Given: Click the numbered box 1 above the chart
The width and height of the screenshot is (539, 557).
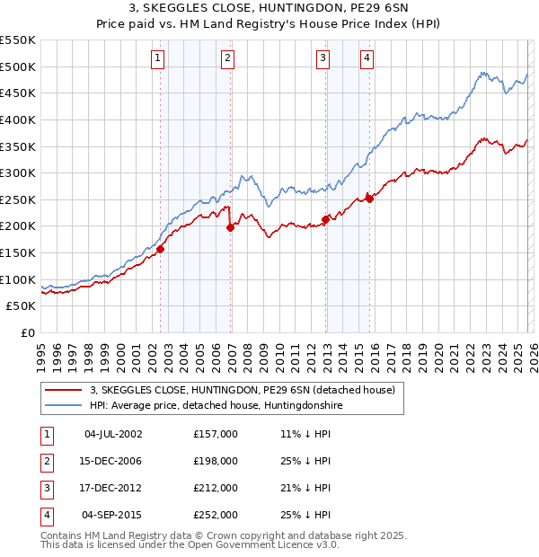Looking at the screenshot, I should point(157,59).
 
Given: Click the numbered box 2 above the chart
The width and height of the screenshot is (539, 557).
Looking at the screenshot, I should point(228,59).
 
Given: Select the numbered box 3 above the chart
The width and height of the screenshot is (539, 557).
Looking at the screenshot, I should point(323,59).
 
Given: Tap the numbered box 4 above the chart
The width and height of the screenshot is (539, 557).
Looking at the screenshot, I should point(367,59).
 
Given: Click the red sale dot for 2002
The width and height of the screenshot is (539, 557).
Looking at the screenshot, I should point(161,249).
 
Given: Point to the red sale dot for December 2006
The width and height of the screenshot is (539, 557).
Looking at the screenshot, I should point(231,227).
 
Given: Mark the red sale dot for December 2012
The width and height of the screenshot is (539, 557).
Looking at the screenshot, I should point(326,220).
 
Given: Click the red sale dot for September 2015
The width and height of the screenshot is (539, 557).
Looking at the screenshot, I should point(369,199).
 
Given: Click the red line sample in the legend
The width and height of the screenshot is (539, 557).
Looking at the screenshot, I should point(64,391).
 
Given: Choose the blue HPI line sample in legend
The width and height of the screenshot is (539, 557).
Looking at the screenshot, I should point(64,406).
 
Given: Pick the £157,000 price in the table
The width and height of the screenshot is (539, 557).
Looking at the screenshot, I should point(216,434).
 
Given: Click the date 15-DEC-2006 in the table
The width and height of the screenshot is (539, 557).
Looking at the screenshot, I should point(112,461).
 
